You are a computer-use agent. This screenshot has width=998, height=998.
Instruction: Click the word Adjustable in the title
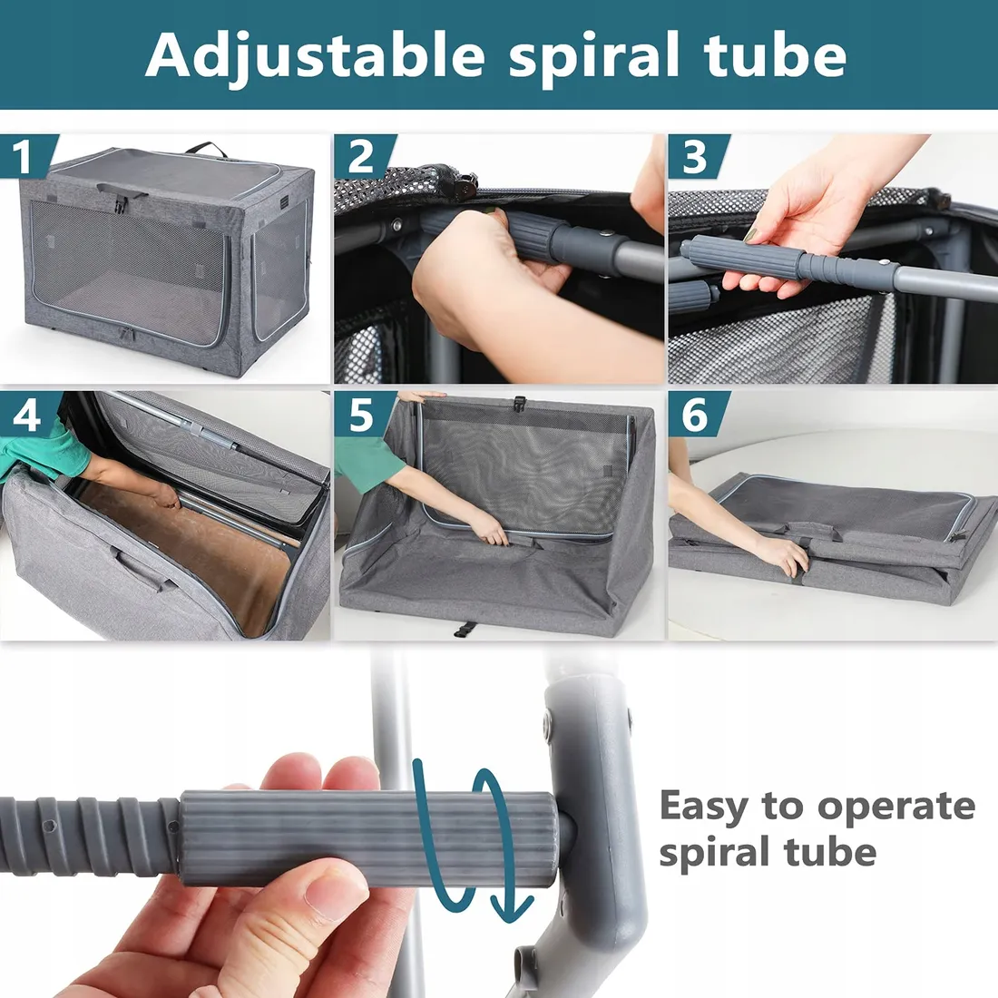pyautogui.click(x=315, y=56)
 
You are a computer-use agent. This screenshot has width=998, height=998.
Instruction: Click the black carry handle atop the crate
pyautogui.click(x=207, y=150)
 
